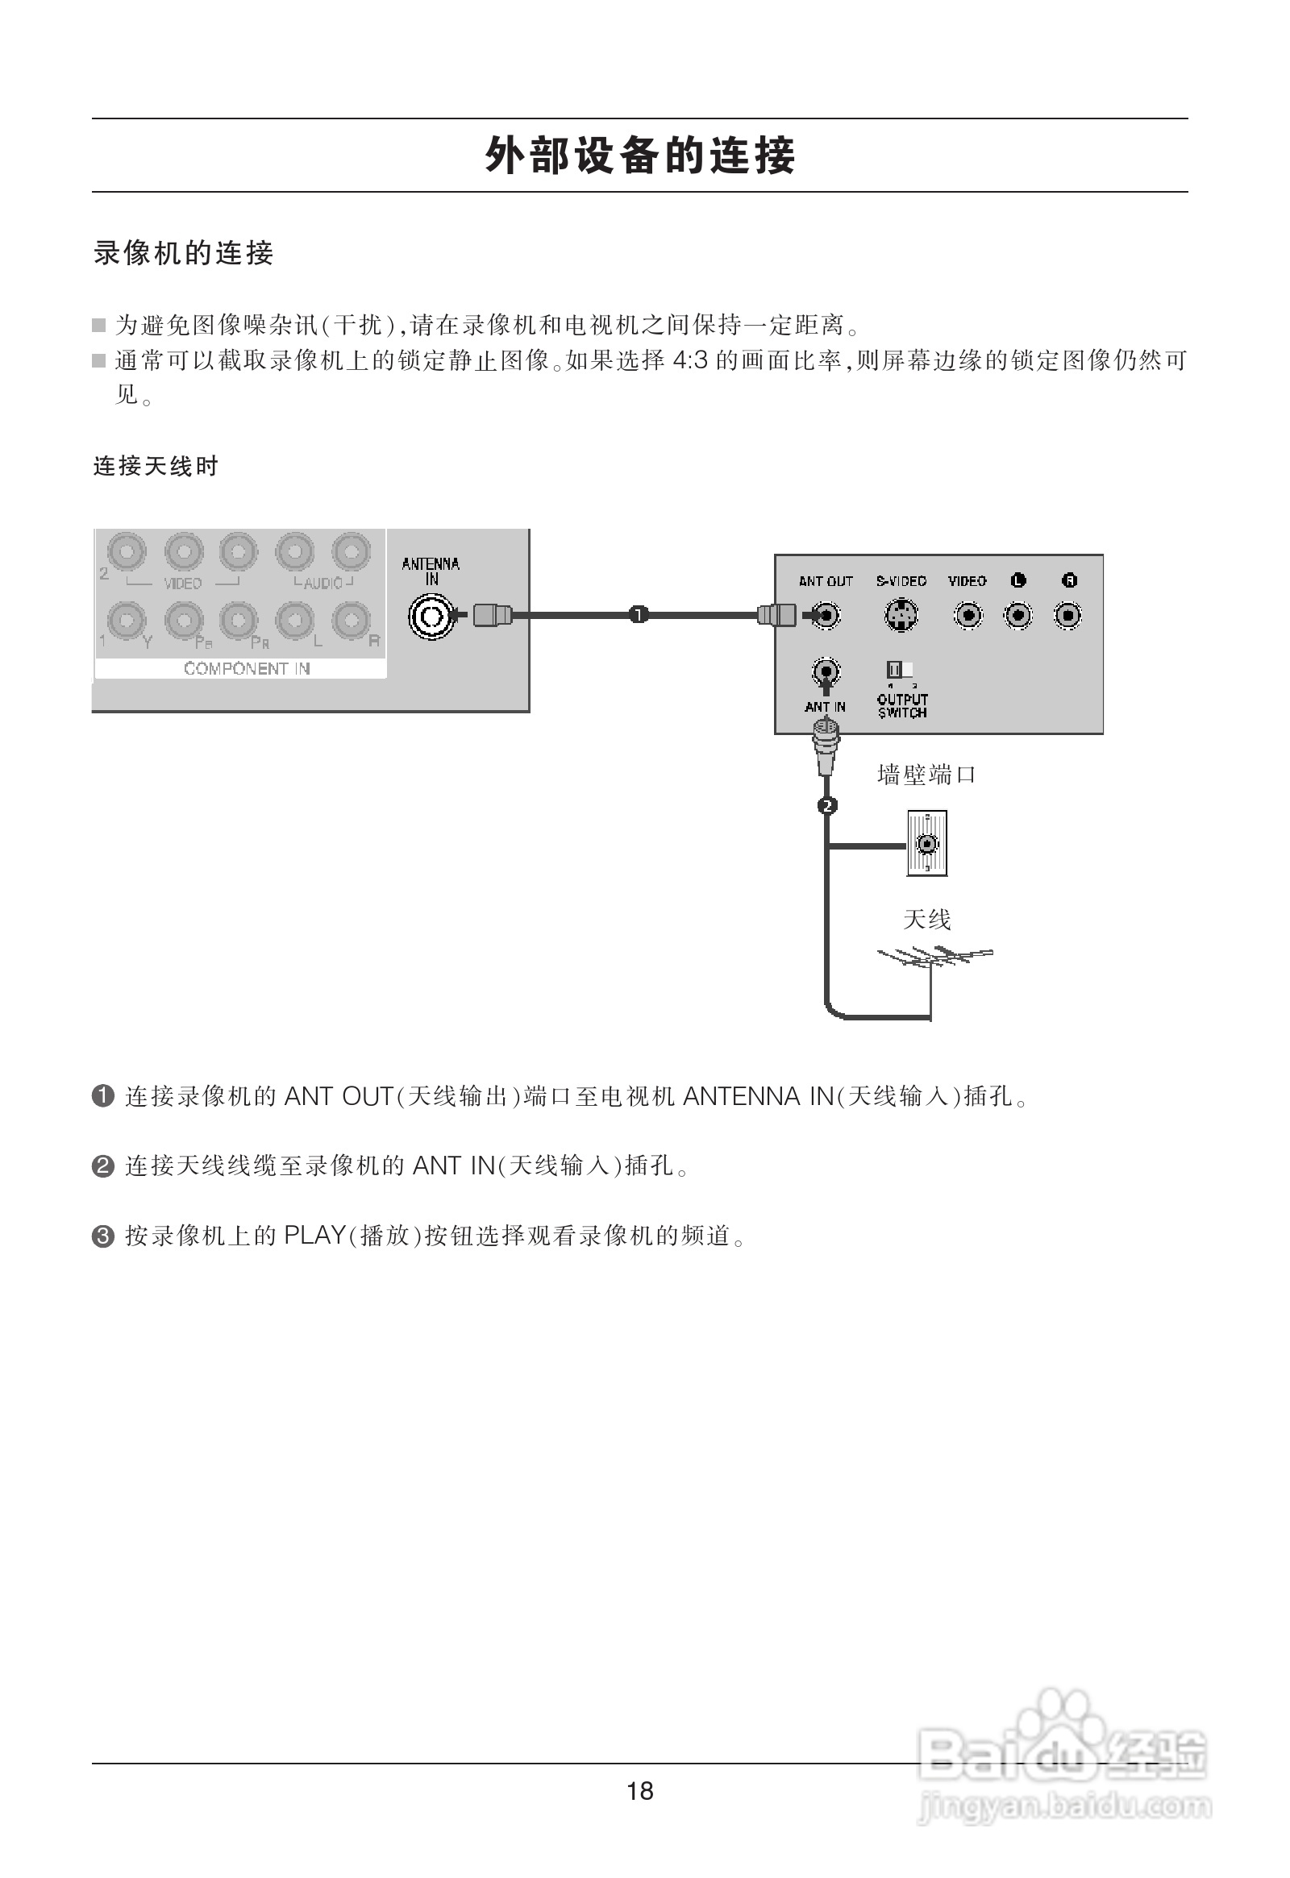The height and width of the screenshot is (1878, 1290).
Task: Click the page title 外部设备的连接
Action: [x=640, y=155]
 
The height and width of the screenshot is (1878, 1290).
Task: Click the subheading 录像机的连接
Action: [x=184, y=253]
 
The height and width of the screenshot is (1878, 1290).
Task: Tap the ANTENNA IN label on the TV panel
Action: [x=431, y=571]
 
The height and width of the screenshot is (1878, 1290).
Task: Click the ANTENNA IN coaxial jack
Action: [x=431, y=617]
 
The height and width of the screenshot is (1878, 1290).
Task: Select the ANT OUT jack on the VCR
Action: [x=826, y=617]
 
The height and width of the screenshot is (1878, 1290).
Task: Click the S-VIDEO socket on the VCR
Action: [x=901, y=617]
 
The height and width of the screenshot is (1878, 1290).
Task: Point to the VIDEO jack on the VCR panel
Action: [x=967, y=617]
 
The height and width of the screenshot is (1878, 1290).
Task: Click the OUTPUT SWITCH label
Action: [x=902, y=706]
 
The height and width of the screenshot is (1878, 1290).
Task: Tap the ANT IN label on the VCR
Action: [x=826, y=707]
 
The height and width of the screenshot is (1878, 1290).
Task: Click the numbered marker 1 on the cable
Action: [x=639, y=616]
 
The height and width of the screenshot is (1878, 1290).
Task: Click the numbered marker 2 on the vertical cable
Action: [x=827, y=806]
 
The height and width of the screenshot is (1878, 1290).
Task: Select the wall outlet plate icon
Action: [x=926, y=844]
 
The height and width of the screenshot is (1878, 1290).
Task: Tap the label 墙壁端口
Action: [x=926, y=775]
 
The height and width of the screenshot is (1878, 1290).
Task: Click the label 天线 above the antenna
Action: [x=926, y=920]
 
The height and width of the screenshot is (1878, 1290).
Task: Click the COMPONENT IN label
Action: [x=247, y=668]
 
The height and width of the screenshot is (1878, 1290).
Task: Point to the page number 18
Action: [x=639, y=1791]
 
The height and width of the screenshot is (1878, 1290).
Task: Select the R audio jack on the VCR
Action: [x=1068, y=617]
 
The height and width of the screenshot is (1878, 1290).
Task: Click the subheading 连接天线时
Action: [x=156, y=466]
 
